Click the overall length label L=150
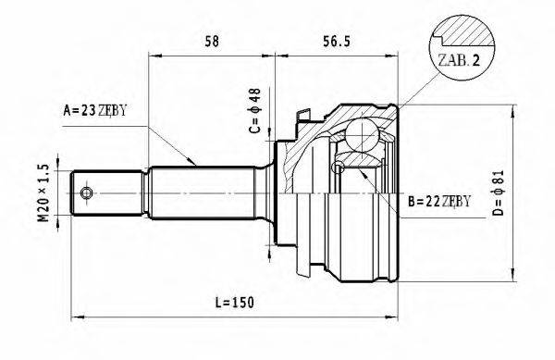click(x=233, y=303)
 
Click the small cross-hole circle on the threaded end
click(x=86, y=193)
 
